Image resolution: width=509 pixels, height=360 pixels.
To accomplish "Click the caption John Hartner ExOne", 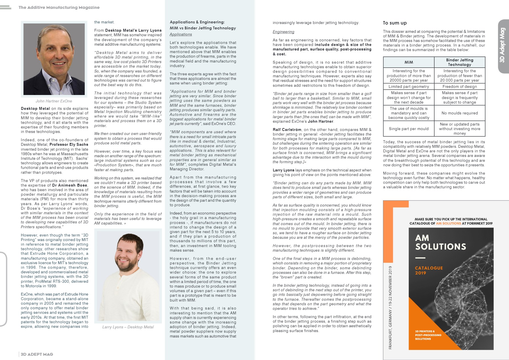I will (x=54, y=101).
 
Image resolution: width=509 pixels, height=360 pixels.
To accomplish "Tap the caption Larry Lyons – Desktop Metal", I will (x=128, y=327).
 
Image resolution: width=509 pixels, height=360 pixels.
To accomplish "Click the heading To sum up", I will (x=395, y=23).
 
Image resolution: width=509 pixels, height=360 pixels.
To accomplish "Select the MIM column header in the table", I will (x=408, y=62).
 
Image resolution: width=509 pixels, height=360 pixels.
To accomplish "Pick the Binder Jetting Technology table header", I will (x=459, y=62).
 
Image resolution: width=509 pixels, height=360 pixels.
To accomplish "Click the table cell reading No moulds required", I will (x=459, y=113).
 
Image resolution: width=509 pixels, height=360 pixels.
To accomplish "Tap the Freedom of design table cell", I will (x=459, y=86).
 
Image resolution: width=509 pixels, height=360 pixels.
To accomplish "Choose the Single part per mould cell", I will (x=408, y=129).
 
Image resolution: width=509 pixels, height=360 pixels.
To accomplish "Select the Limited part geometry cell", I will (x=408, y=86).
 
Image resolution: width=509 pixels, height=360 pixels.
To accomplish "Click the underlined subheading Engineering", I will (x=283, y=32).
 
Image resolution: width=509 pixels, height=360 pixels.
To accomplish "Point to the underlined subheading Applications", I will (x=181, y=35).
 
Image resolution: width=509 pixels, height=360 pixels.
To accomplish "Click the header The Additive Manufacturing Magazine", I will (x=59, y=7).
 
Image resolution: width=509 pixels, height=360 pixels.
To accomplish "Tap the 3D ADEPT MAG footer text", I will (x=37, y=354).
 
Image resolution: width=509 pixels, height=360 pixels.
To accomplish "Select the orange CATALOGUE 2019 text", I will (x=429, y=270).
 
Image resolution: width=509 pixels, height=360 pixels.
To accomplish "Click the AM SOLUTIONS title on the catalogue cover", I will (x=440, y=242).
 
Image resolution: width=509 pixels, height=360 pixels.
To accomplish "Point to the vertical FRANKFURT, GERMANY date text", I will (x=390, y=308).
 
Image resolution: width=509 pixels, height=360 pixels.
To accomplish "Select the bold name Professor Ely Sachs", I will (x=69, y=145).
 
